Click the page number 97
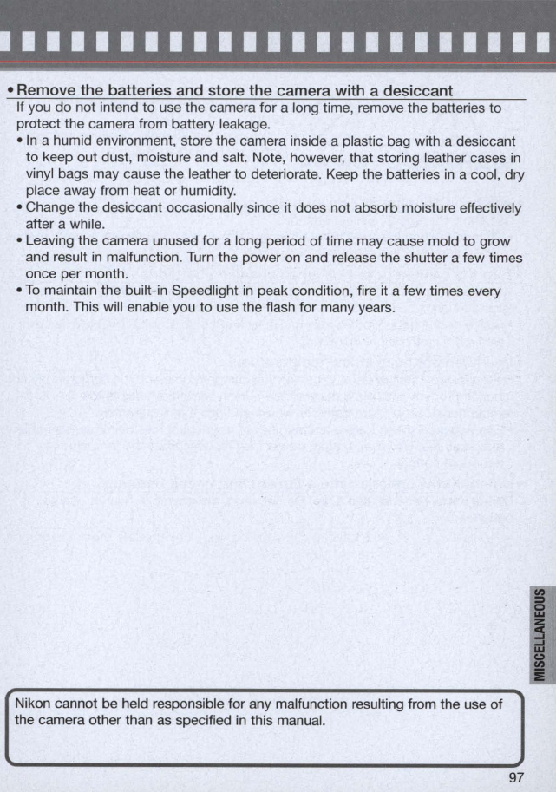coord(517,776)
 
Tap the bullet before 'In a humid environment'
coord(20,141)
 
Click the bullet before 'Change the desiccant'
coord(20,208)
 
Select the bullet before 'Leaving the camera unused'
coord(20,242)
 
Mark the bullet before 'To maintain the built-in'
coord(20,292)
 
